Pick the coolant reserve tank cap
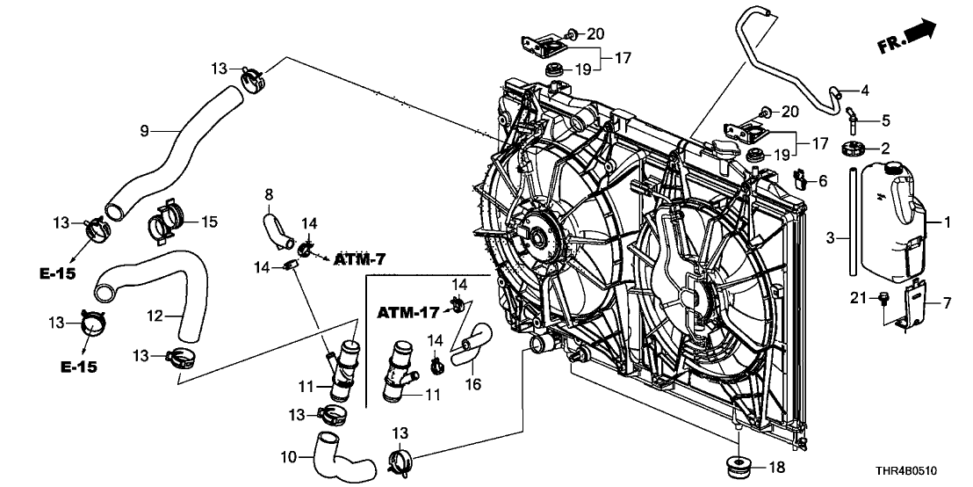(x=894, y=167)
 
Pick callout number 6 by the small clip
(x=823, y=180)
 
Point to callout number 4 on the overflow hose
(x=864, y=90)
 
